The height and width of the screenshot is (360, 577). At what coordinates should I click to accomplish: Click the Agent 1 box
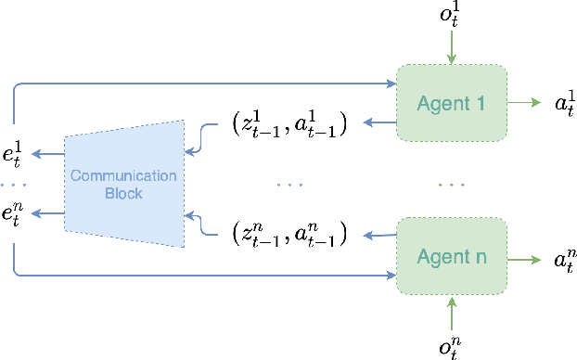click(451, 102)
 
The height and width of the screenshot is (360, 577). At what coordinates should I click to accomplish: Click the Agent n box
click(451, 255)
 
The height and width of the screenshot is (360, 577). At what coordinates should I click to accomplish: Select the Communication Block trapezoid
click(124, 182)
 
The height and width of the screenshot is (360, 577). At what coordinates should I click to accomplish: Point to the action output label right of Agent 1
click(565, 102)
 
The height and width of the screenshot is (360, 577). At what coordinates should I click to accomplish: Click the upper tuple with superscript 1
click(288, 123)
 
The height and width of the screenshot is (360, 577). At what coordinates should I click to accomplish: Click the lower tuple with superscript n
click(288, 234)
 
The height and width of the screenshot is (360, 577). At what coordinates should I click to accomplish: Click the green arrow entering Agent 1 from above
click(452, 47)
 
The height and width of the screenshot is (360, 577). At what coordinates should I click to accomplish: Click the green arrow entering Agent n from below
click(452, 313)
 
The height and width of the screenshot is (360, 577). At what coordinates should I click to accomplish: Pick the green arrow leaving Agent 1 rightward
click(524, 102)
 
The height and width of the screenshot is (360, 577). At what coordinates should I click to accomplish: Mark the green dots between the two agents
click(451, 185)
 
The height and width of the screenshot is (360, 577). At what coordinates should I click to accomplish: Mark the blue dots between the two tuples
click(289, 185)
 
